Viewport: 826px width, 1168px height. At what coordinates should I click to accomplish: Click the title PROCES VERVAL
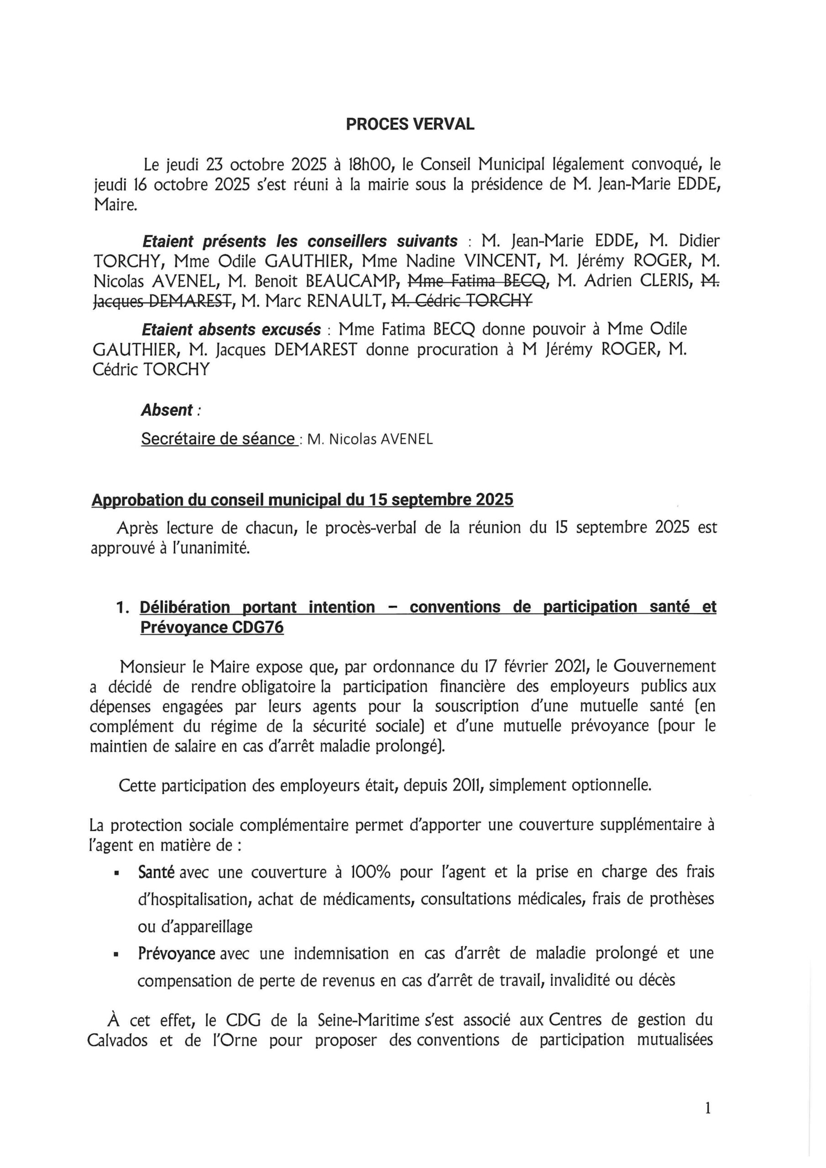tap(410, 125)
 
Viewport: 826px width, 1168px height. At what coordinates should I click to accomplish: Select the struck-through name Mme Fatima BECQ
tap(477, 280)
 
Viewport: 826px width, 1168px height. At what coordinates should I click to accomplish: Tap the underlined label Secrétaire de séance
tap(218, 438)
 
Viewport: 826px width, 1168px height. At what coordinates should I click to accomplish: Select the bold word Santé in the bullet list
tap(156, 872)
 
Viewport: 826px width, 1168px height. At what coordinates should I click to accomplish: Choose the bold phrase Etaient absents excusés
tap(231, 330)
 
